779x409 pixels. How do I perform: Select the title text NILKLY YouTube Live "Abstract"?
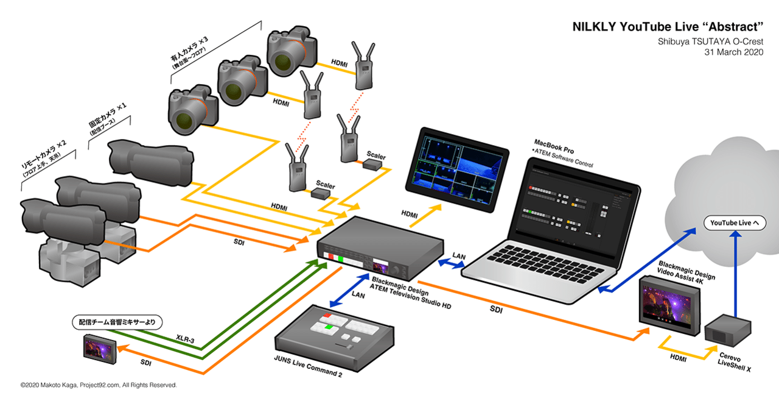[668, 27]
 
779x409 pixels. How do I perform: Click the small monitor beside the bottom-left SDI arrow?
[100, 348]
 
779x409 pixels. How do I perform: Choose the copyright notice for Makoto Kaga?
[99, 385]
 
